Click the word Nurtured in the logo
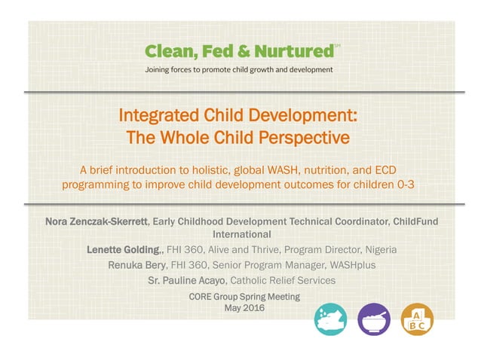(295, 51)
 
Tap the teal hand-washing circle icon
(329, 319)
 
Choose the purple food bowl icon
(373, 319)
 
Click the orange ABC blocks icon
(416, 319)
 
